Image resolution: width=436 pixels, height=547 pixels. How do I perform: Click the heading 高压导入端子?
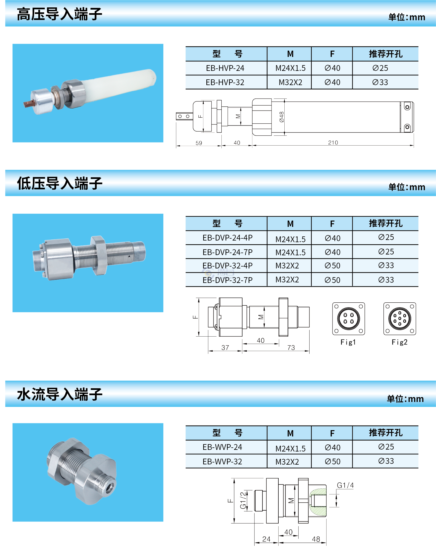(59, 14)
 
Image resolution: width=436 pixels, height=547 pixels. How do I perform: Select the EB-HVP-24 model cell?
(225, 68)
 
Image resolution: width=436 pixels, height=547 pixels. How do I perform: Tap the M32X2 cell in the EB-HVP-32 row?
(290, 82)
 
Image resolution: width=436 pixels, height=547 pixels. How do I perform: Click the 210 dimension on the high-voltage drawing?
(333, 143)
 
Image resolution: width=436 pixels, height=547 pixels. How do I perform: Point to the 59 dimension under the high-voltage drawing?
(199, 143)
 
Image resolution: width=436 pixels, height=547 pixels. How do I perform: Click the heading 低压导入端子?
(59, 183)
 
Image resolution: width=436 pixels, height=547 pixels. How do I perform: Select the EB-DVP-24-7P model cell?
(227, 252)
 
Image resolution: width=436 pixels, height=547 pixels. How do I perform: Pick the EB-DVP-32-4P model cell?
(227, 266)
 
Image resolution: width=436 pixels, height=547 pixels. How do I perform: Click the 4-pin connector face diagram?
(348, 319)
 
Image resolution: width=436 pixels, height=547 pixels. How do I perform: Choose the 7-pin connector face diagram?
(400, 319)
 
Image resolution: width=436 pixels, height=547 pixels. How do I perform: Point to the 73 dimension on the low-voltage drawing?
(291, 348)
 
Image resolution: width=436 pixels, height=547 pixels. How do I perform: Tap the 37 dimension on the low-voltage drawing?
(225, 348)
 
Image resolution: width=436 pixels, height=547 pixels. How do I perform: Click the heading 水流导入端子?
(59, 394)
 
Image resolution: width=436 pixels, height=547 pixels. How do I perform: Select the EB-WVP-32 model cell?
(222, 462)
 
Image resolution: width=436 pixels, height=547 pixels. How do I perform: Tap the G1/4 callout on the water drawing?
(345, 486)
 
